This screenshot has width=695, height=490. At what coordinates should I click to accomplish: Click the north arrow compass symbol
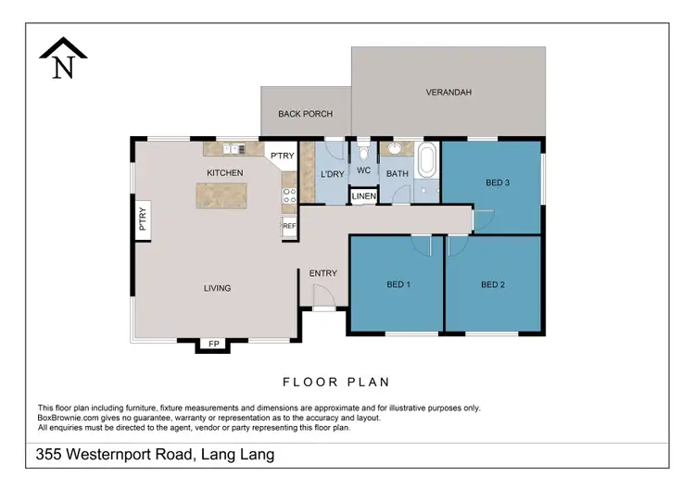pos(63,59)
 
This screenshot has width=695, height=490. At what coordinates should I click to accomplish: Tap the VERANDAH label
pos(449,93)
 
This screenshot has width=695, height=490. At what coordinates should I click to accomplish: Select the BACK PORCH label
pos(305,114)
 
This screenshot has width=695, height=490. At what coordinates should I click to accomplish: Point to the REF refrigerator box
pos(289,226)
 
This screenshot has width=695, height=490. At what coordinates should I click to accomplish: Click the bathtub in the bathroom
pos(427,161)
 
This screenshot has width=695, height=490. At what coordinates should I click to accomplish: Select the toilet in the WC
pos(363,151)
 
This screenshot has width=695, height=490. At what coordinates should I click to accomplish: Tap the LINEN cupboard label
pos(363,196)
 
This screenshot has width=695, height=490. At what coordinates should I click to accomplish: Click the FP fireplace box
pos(213,345)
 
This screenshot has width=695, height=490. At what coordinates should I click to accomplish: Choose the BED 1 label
pos(398,284)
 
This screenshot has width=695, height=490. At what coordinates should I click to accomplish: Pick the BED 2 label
pos(493,284)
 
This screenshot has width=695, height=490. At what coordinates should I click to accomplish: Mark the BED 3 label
pos(498,182)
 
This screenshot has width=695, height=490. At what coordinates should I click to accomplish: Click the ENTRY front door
pos(322,299)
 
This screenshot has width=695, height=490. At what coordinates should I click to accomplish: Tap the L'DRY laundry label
pos(332,173)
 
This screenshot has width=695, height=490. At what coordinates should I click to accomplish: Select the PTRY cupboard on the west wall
pos(144,220)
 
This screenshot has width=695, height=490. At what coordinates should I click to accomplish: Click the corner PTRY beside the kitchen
pos(282,157)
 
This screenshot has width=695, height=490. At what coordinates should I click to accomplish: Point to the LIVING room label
pos(218,288)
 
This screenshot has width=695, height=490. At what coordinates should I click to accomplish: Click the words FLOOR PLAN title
pos(335,382)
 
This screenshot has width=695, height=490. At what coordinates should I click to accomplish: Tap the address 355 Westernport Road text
pos(155,455)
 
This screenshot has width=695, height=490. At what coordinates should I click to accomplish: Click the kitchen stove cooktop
pos(288,195)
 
